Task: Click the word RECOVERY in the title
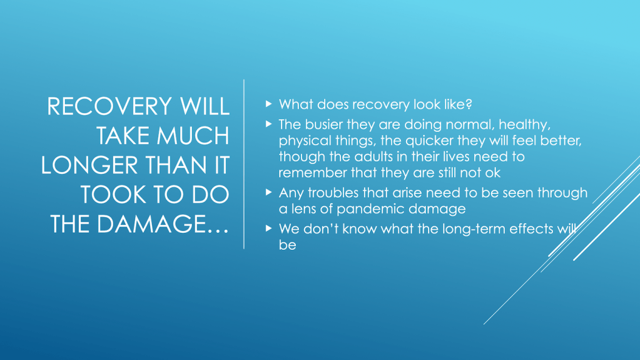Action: (109, 106)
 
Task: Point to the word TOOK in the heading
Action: (112, 195)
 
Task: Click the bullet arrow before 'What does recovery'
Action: (268, 104)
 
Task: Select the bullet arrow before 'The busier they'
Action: (268, 123)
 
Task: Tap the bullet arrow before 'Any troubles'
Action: (268, 192)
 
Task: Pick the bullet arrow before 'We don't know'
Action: (268, 228)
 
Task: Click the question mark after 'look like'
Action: (469, 104)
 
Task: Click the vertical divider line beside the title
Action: (244, 164)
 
